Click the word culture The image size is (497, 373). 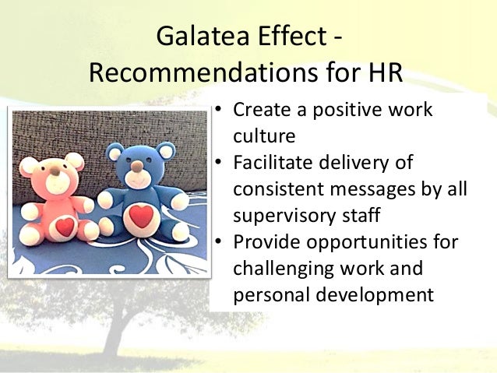point(264,137)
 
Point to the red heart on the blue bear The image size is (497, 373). point(141,215)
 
